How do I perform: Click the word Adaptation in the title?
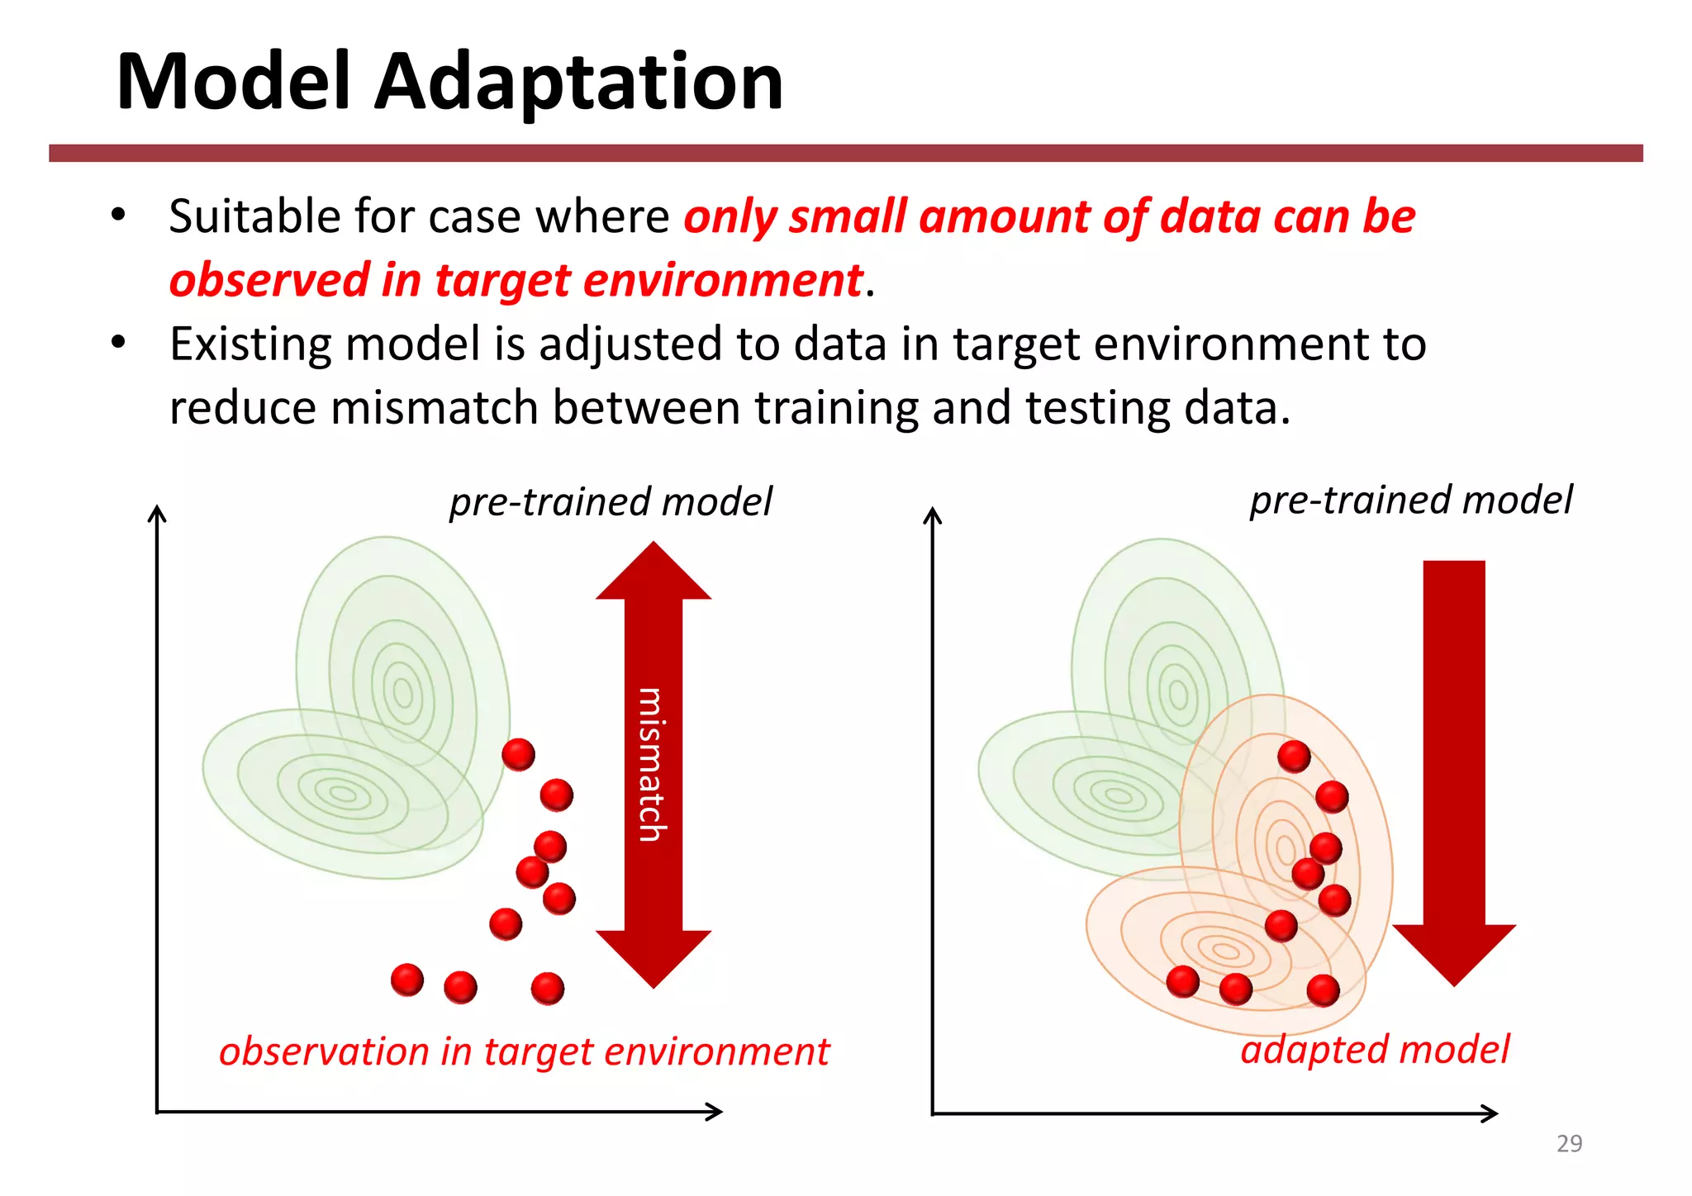click(x=578, y=83)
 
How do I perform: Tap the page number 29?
click(x=1569, y=1143)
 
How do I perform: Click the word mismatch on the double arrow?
click(x=652, y=765)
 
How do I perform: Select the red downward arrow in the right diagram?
click(x=1454, y=768)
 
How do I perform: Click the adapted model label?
click(x=1375, y=1050)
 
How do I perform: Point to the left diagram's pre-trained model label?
click(x=611, y=502)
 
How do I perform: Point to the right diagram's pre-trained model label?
click(x=1411, y=501)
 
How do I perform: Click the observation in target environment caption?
click(x=524, y=1051)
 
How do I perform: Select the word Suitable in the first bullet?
click(x=254, y=217)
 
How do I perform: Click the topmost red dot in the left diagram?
click(x=519, y=754)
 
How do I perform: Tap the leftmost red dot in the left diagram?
click(x=407, y=980)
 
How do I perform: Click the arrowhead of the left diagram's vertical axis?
click(x=157, y=513)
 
